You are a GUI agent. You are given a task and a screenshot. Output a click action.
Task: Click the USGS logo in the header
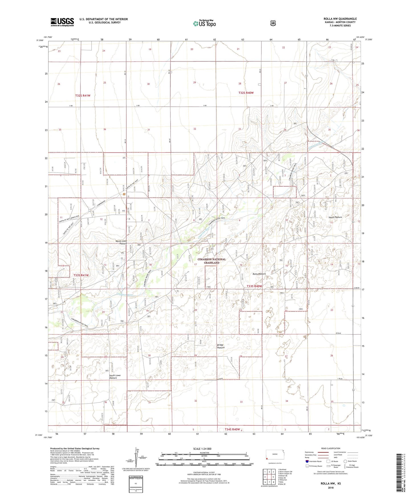tap(62, 22)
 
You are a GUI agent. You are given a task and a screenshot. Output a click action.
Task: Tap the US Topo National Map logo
tap(204, 23)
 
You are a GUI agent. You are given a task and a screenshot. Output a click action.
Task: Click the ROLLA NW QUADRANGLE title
tap(340, 19)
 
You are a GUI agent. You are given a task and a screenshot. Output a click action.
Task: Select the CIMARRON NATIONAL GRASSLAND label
tap(212, 261)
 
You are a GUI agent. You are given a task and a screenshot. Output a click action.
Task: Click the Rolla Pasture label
tap(259, 274)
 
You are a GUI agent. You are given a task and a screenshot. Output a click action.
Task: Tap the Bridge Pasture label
tap(221, 346)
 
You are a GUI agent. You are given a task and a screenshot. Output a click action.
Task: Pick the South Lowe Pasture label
tap(115, 376)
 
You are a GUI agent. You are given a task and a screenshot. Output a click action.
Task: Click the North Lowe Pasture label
tap(121, 242)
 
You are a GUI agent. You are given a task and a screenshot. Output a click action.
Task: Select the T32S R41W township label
tap(83, 96)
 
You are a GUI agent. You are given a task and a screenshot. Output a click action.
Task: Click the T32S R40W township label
tap(246, 93)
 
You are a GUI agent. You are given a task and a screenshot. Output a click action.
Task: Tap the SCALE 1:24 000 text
tap(202, 449)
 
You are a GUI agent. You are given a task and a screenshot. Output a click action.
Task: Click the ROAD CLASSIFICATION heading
tap(330, 448)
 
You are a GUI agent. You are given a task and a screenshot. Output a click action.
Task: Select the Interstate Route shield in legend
tap(307, 461)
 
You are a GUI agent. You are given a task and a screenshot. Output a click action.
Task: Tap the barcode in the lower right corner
tap(401, 472)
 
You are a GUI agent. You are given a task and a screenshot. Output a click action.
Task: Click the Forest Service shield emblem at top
tap(273, 23)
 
